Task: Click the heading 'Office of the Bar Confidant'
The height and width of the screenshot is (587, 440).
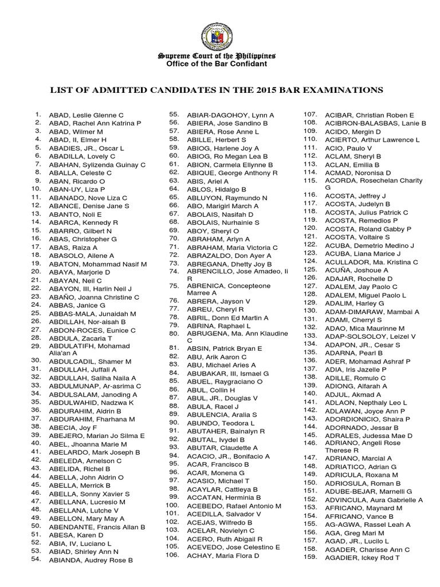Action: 217,64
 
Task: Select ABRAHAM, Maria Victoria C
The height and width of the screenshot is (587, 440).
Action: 232,247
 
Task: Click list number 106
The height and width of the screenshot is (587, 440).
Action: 172,555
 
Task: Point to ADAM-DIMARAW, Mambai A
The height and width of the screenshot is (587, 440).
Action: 372,311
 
